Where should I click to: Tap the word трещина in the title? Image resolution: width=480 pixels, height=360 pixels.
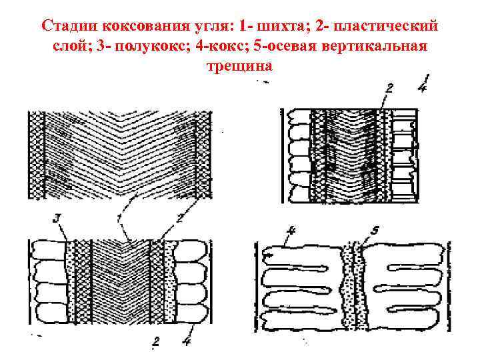click(x=240, y=67)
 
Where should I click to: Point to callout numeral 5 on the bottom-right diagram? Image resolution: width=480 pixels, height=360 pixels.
click(x=375, y=231)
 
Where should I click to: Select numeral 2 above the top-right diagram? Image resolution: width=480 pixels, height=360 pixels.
click(x=389, y=87)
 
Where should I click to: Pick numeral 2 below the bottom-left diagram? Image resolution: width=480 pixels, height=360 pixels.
click(x=155, y=343)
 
